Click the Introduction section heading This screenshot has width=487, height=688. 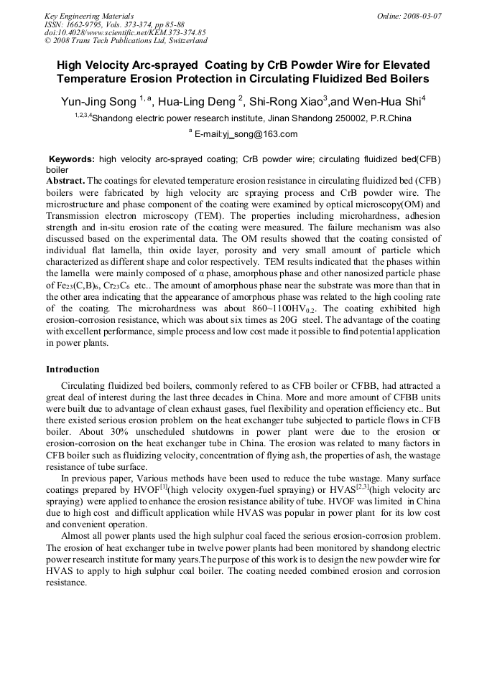(73, 369)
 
